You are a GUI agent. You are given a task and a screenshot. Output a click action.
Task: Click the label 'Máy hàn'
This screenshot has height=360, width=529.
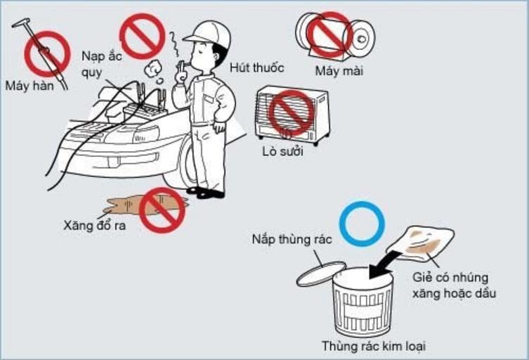[x=30, y=86]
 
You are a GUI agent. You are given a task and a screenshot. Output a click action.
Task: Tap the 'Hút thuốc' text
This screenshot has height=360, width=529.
[x=256, y=67]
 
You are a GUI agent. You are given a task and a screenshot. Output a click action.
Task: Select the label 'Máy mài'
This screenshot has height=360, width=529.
[x=339, y=70]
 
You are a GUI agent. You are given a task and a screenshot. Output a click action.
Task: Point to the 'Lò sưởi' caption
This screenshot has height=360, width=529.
[x=282, y=151]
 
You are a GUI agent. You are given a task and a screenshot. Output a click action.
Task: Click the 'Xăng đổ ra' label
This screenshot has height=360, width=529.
[x=94, y=225]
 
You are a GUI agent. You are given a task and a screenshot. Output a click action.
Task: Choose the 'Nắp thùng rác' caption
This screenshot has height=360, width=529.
[x=292, y=239]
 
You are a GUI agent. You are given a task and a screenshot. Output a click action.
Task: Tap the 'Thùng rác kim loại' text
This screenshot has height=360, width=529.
[x=373, y=346]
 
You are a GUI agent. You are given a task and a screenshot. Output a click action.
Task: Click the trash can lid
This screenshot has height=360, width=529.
[x=321, y=273]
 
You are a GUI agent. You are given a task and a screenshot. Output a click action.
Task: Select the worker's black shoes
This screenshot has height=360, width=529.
[x=206, y=192]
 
